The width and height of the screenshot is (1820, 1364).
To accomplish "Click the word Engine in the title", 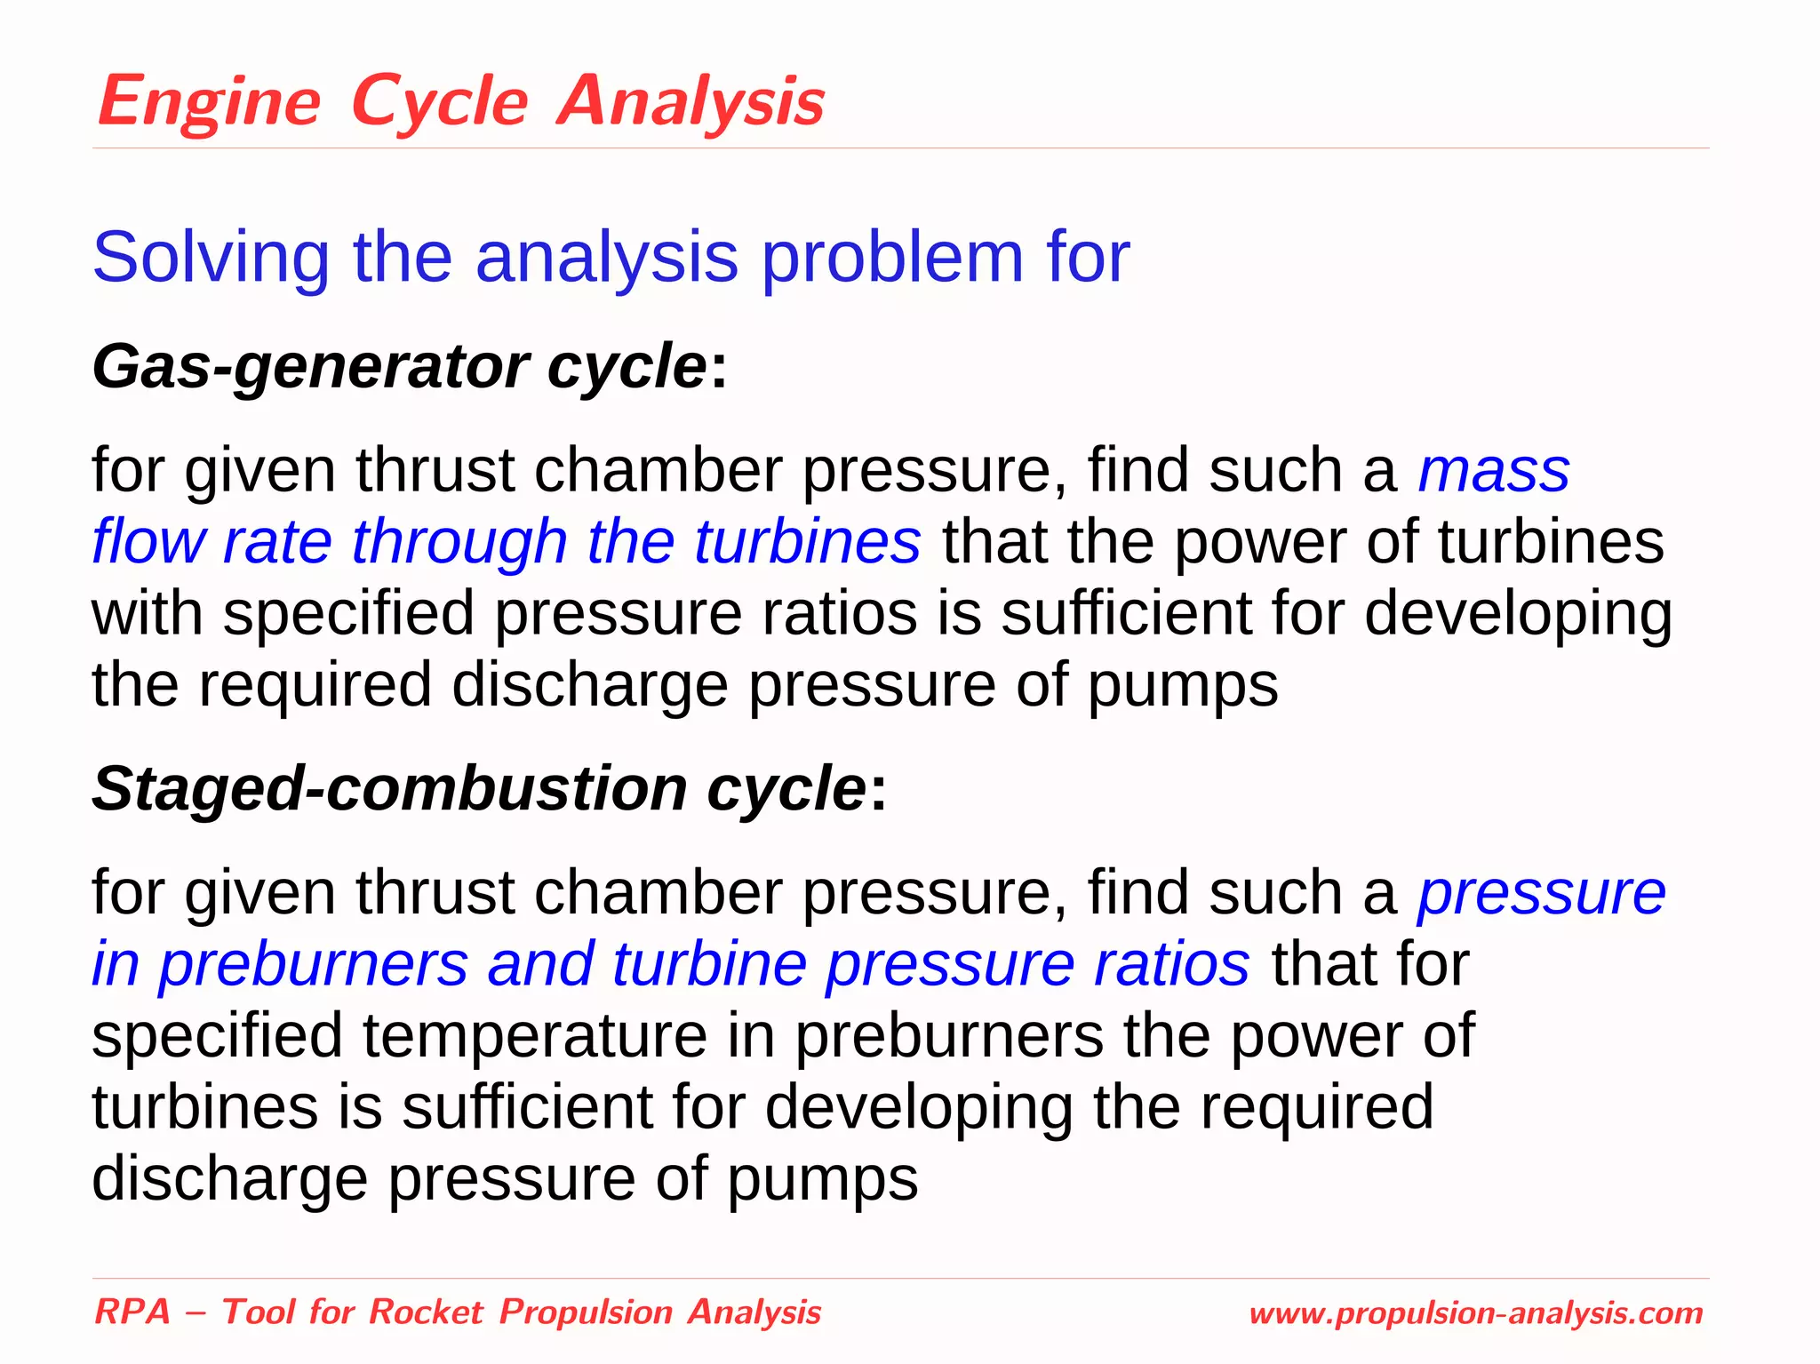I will [x=209, y=102].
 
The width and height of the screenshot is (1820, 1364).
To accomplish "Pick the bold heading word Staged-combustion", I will [x=389, y=788].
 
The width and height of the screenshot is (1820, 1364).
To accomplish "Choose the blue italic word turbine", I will [x=708, y=964].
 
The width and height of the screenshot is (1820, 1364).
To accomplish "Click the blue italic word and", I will [x=540, y=964].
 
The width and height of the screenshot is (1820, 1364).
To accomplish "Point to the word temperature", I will [x=533, y=1036].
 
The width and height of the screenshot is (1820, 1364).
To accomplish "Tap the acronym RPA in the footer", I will [x=132, y=1312].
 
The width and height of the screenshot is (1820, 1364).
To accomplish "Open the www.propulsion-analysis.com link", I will [x=1475, y=1313].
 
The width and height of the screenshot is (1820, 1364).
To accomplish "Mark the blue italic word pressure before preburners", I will [x=1541, y=893].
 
